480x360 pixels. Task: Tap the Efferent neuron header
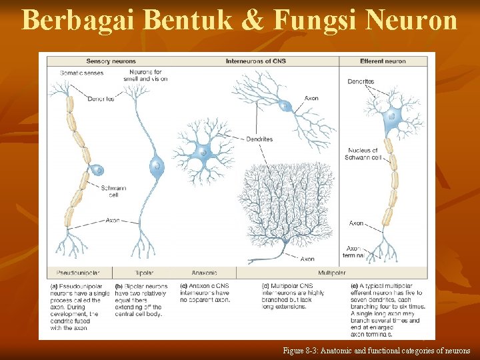383,61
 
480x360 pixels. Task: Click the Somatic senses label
81,72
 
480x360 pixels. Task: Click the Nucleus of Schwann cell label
362,154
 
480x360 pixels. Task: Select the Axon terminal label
356,251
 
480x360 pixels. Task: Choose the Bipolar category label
145,273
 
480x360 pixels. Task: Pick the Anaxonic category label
204,273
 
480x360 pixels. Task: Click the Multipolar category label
331,273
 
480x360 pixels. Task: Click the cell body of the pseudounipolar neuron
97,171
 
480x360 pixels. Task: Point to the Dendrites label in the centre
259,139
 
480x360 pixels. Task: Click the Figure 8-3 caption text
376,351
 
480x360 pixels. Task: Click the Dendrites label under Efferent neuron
361,81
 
